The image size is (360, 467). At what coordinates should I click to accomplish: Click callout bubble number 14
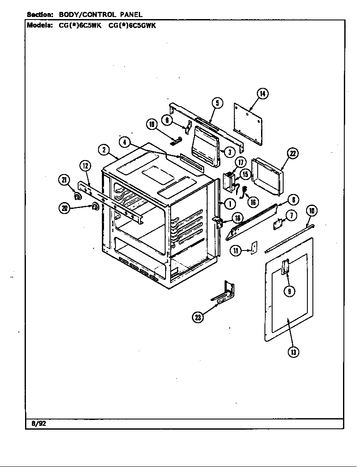(263, 94)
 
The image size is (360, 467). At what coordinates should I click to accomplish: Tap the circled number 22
(292, 154)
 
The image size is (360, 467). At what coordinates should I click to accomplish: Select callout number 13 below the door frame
(293, 352)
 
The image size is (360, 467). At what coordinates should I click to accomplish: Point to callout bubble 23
(197, 317)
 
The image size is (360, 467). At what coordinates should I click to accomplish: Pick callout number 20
(65, 208)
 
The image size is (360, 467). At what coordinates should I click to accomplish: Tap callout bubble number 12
(85, 166)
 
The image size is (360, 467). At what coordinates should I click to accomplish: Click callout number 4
(124, 142)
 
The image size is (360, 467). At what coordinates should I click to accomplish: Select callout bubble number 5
(217, 103)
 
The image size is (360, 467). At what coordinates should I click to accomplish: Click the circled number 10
(312, 211)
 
